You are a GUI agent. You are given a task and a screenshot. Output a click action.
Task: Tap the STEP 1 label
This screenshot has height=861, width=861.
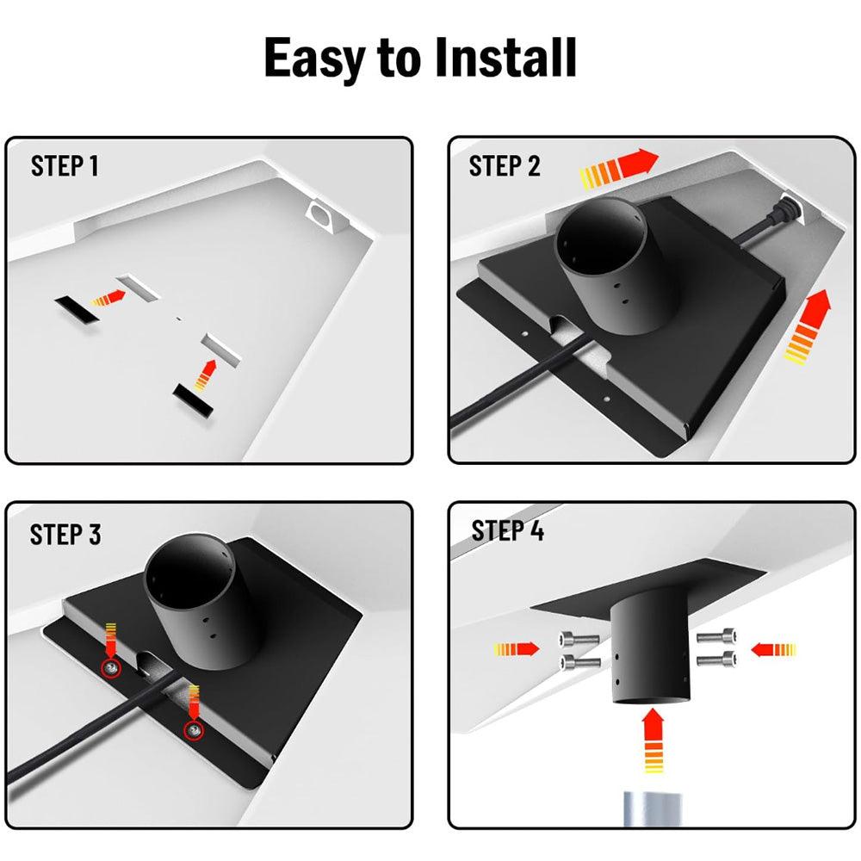tap(65, 166)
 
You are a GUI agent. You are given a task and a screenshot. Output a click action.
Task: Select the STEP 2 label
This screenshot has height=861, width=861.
tap(505, 166)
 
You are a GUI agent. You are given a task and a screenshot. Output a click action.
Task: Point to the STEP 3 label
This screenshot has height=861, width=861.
tap(65, 535)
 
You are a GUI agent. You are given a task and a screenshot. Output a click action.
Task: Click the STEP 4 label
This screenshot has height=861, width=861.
tap(508, 531)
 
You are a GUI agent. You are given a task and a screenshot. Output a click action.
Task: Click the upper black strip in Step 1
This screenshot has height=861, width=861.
tap(77, 305)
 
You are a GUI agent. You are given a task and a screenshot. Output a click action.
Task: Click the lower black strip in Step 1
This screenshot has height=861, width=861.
tap(194, 400)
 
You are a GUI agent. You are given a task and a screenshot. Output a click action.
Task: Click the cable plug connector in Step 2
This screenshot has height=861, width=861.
tap(785, 209)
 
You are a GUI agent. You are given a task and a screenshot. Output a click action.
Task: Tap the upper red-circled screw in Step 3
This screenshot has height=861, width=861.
tap(111, 667)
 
